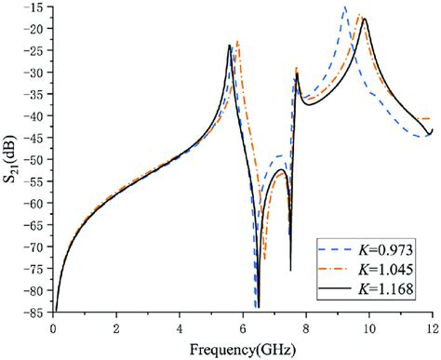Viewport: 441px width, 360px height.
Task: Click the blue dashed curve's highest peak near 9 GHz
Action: (345, 8)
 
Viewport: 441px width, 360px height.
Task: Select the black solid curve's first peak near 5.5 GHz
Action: (229, 46)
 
